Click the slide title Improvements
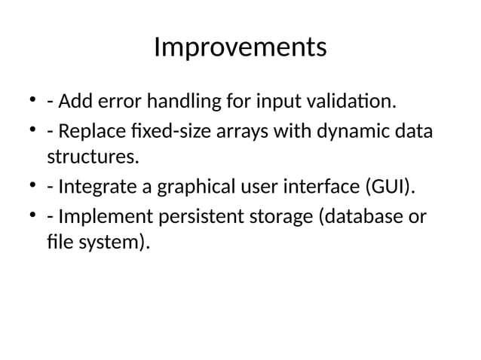tap(240, 47)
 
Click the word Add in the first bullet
tap(73, 100)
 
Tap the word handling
tap(179, 100)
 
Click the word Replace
tap(89, 133)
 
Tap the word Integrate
tap(94, 186)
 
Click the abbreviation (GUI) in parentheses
tap(391, 186)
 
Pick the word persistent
tap(194, 218)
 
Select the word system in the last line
tap(115, 243)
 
